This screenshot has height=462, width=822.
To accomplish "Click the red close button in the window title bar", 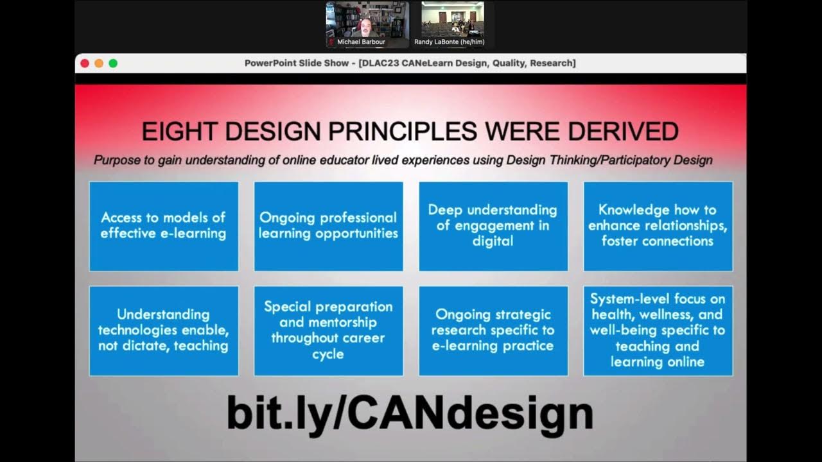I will click(85, 63).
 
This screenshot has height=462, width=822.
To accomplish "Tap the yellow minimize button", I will click(99, 63).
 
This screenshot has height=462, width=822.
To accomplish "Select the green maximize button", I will click(113, 63).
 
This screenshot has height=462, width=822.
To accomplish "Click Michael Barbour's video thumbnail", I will click(367, 24).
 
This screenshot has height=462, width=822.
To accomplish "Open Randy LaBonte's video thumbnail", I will click(453, 24).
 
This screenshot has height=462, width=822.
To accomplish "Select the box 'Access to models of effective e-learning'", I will click(164, 226).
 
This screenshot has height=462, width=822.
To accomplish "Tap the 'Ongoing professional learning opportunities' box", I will click(328, 226).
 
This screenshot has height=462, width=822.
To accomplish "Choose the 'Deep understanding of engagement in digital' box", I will click(493, 226).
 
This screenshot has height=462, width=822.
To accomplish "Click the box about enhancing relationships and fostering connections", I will click(658, 226).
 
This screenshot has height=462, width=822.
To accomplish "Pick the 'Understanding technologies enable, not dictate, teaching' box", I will click(164, 330).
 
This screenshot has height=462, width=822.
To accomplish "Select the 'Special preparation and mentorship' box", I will click(328, 330).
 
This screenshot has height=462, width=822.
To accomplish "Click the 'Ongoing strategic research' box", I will click(493, 330).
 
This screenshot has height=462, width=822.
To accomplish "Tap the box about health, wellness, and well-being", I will click(658, 330).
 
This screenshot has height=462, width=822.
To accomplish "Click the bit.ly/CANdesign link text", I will click(410, 413).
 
